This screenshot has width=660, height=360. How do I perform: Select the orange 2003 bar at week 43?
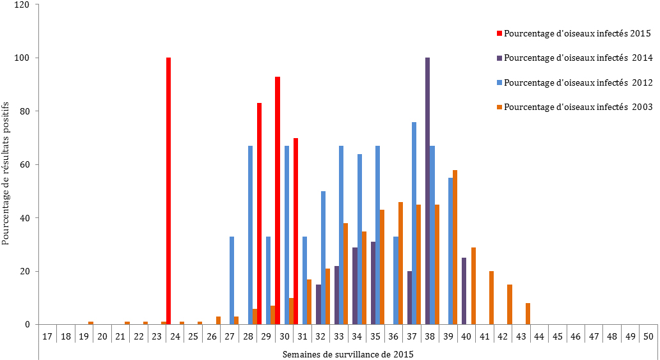click(528, 313)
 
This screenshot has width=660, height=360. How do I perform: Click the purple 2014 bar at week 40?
click(464, 291)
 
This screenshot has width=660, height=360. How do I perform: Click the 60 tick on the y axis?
click(28, 164)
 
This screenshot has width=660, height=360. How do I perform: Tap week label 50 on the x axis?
click(648, 335)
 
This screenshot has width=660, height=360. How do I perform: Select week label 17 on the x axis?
click(47, 335)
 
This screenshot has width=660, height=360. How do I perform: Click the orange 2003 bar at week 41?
click(491, 297)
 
